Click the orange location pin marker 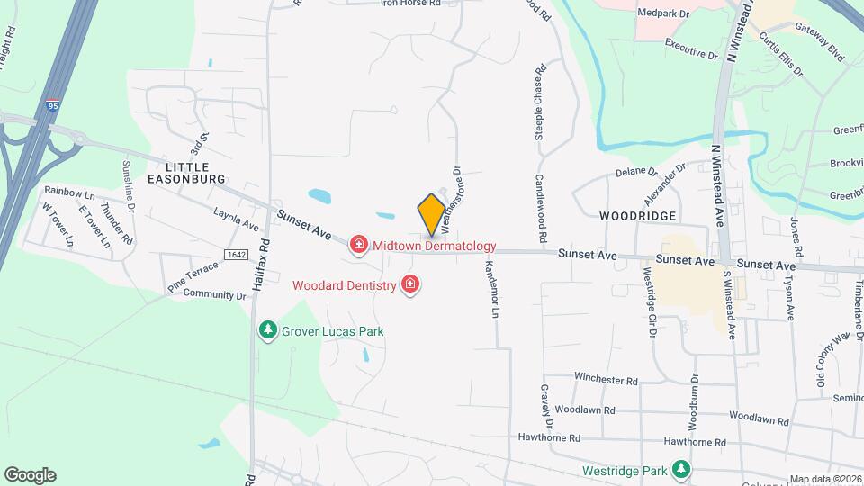coord(431,214)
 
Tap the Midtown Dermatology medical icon coord(359,245)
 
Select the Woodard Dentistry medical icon coord(411,284)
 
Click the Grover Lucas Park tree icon coord(267,330)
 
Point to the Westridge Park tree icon coord(682,470)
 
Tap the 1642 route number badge coord(237,255)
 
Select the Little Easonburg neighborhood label coord(187,174)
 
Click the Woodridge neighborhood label coord(637,217)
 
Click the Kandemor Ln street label coord(491,290)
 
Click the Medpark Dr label coord(662,13)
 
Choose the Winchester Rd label coord(606,379)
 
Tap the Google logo coord(30,475)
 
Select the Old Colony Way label coord(832,359)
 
